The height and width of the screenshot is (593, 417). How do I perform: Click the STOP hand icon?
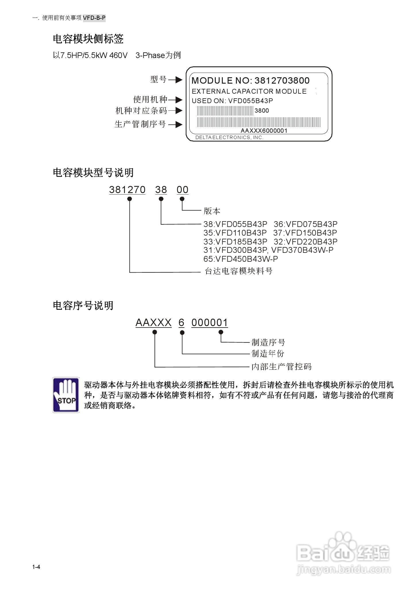66,395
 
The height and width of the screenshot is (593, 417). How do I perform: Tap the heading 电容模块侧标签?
88,39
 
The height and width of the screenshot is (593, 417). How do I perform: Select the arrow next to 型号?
175,80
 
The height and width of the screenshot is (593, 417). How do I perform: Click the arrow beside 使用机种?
175,100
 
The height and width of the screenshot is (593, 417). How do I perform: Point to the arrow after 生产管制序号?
175,124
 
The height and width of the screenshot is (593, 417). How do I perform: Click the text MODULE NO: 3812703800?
250,80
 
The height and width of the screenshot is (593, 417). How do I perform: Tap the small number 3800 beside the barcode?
262,111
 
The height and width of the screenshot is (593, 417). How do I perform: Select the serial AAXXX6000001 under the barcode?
264,131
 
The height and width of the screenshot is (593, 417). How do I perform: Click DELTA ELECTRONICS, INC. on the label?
229,138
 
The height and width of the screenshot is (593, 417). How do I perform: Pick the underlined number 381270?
127,190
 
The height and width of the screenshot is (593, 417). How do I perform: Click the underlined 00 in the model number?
182,190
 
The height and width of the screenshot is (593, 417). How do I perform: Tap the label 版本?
212,211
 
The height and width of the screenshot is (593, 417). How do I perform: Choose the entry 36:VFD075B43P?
305,224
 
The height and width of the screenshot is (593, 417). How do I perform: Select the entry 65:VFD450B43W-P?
241,259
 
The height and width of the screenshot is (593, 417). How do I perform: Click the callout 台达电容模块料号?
238,271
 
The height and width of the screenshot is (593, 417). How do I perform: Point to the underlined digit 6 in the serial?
181,323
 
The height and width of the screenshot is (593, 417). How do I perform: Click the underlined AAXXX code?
153,323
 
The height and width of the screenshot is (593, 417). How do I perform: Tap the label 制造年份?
268,354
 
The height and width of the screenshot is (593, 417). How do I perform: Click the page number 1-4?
36,567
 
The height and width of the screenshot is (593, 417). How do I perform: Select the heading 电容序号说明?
83,305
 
